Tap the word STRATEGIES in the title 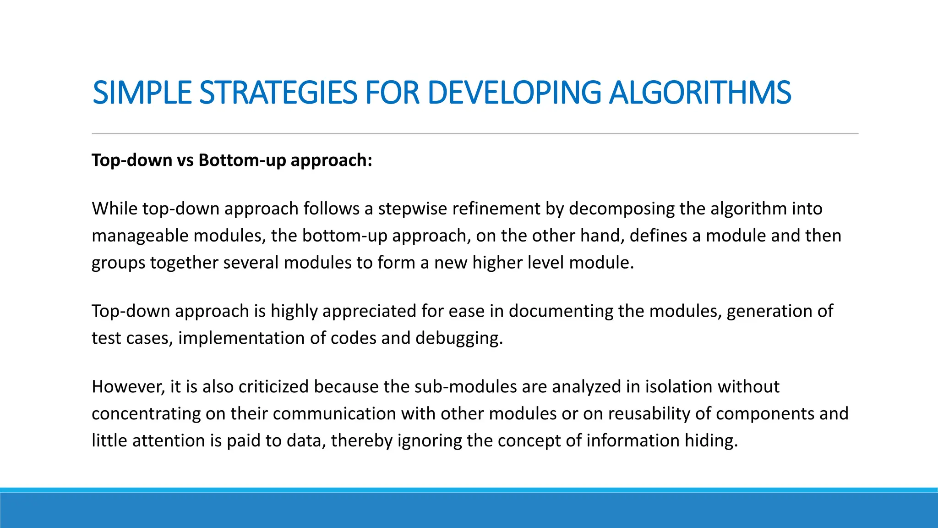pos(278,93)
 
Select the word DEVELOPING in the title pos(514,93)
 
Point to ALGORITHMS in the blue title pos(700,93)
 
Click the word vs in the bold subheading pos(185,160)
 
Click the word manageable pos(140,236)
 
